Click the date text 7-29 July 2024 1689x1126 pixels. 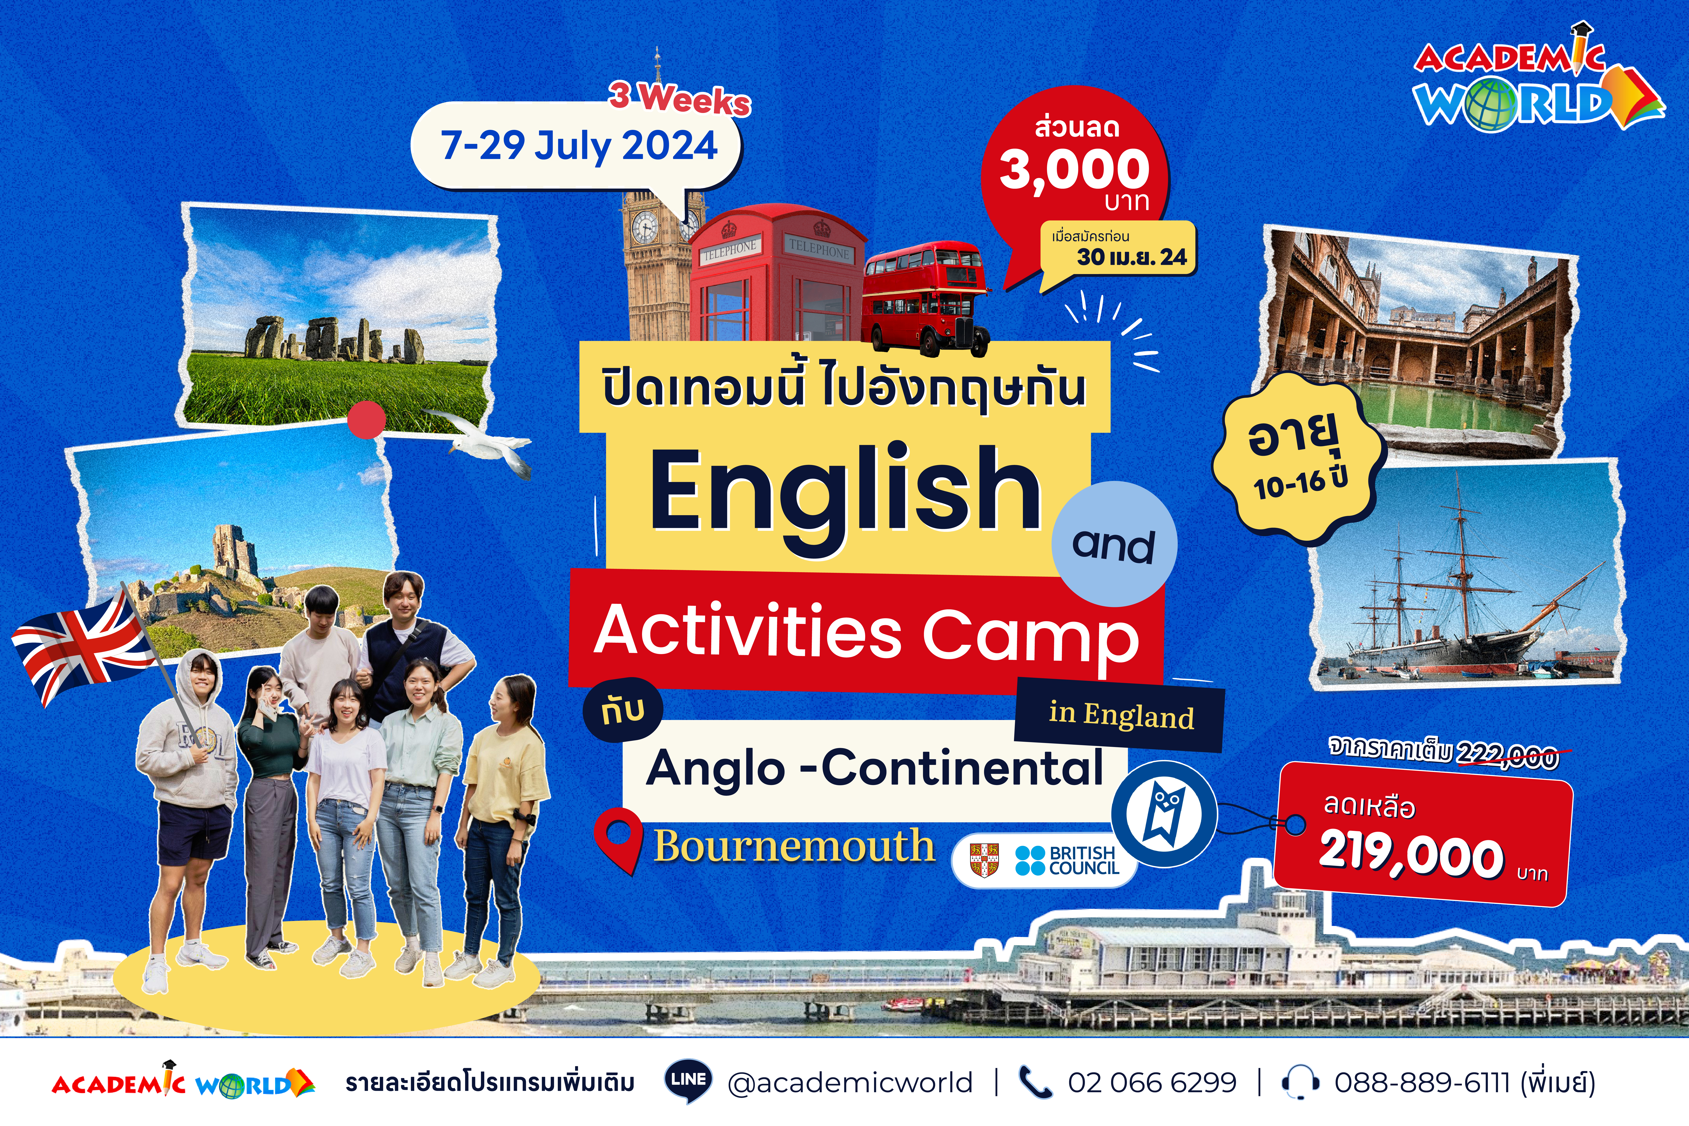(579, 146)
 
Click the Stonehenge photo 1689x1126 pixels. (338, 320)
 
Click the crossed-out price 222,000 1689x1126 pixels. (1508, 756)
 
